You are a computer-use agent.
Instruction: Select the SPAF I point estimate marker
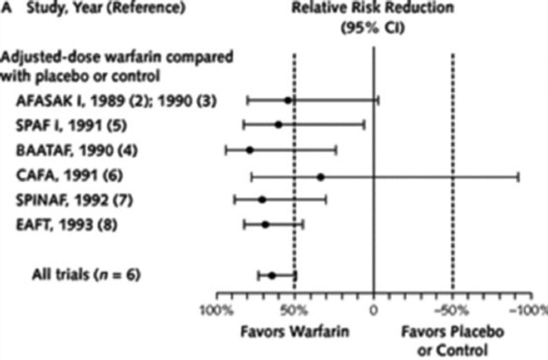coord(278,125)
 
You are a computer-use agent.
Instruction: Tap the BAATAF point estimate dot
coord(250,150)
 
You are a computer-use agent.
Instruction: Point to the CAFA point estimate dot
coord(321,177)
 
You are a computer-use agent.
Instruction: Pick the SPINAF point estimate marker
coord(262,200)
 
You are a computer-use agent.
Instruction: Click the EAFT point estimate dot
coord(265,225)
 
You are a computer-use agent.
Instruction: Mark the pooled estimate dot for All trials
coord(272,276)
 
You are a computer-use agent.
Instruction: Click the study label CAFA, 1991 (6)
coord(69,175)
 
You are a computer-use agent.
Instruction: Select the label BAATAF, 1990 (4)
coord(77,150)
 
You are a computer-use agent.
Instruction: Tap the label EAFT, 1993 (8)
coord(66,225)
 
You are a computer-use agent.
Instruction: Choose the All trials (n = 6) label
coord(86,275)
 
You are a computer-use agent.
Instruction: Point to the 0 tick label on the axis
coord(374,311)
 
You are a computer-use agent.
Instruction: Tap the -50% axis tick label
coord(451,311)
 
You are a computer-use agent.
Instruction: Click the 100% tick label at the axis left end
coord(217,311)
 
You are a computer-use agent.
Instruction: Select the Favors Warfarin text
coord(295,331)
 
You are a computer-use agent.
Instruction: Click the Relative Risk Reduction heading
coord(373,8)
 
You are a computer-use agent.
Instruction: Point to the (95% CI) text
coord(373,28)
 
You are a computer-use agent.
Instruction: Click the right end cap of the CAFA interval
coord(518,177)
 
